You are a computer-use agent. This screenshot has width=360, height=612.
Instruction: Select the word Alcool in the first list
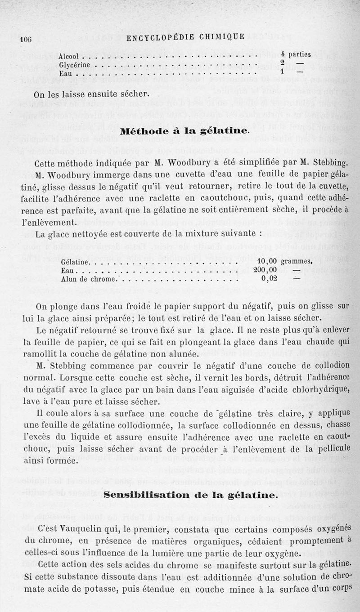pyautogui.click(x=69, y=57)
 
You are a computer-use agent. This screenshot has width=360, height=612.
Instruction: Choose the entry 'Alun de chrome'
pyautogui.click(x=88, y=279)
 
